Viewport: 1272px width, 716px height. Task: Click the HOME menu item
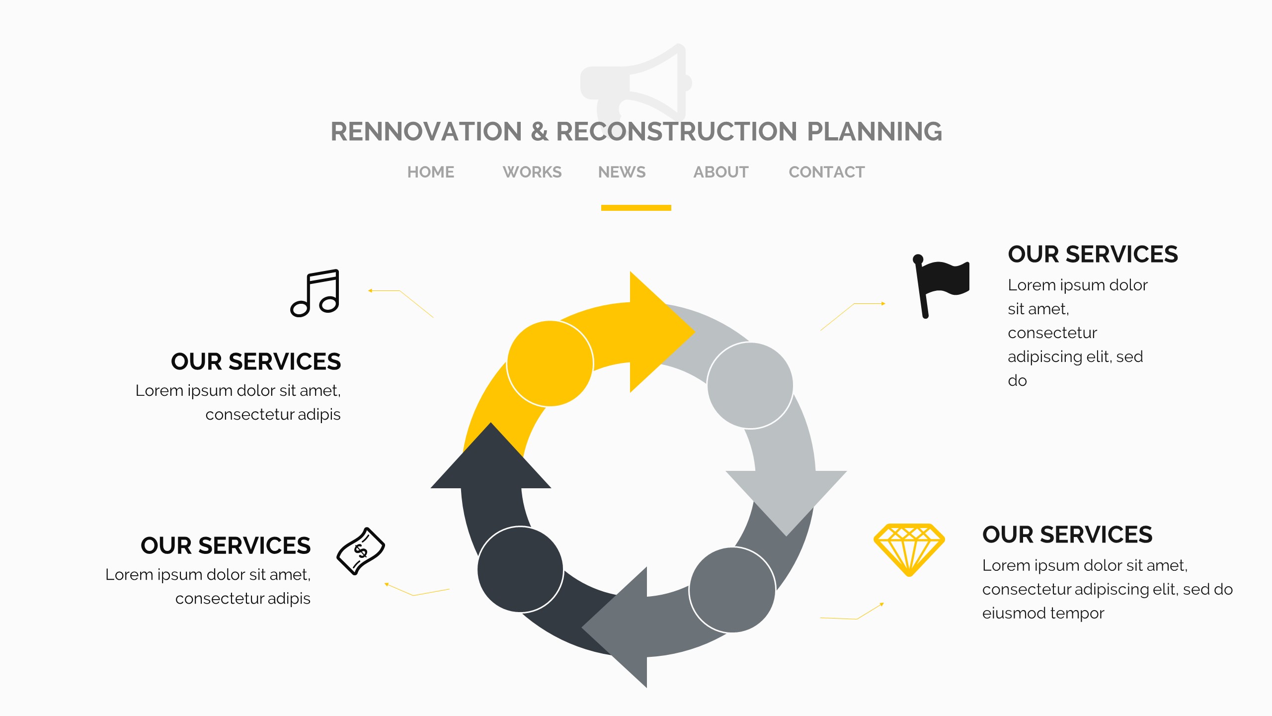coord(431,172)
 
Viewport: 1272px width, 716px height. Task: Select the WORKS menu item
coord(532,172)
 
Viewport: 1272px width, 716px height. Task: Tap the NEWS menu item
coord(622,172)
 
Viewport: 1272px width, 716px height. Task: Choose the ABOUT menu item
coord(721,172)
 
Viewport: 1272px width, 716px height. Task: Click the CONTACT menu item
coord(827,172)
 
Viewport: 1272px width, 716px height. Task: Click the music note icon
coord(316,293)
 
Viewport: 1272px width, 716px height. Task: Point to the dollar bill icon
coord(361,551)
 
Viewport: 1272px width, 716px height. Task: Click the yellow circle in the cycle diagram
coord(550,363)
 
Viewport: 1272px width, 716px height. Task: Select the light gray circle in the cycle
coord(750,385)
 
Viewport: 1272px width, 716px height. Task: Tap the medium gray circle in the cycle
coord(732,590)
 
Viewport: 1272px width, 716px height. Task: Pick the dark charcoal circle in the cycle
coord(520,569)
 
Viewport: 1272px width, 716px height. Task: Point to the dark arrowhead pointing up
coord(490,460)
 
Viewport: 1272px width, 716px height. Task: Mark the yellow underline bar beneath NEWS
coord(636,208)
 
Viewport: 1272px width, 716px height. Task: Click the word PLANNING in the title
coord(874,132)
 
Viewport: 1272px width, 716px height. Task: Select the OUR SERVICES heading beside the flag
coord(1093,255)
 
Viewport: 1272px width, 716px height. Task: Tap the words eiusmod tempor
coord(1043,613)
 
